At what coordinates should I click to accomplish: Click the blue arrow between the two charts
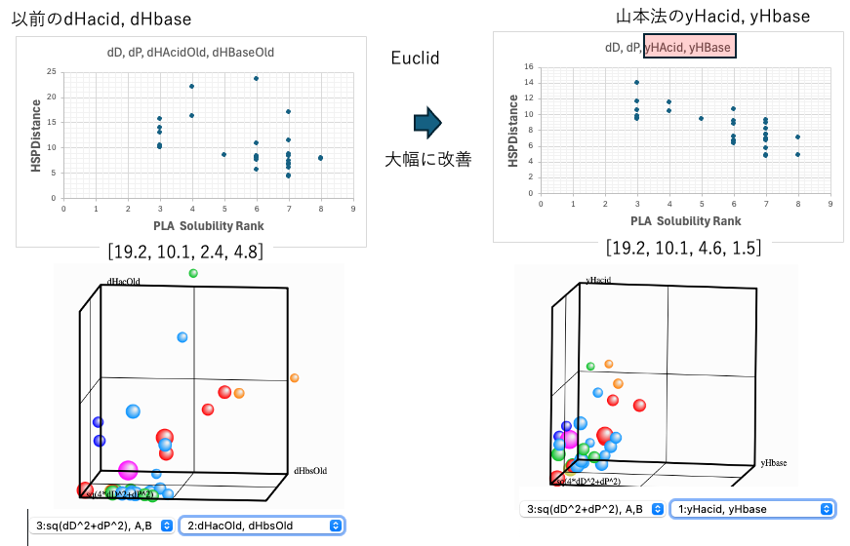[x=427, y=123]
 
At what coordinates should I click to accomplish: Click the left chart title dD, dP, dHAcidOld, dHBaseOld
[x=190, y=52]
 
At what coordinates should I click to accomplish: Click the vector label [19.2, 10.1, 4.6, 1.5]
[x=683, y=249]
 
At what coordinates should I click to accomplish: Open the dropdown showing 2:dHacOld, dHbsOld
[x=264, y=525]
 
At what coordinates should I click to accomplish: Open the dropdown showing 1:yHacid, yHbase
[x=752, y=509]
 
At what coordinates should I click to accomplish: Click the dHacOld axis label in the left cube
[x=122, y=283]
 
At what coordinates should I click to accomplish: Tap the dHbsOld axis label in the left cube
[x=310, y=471]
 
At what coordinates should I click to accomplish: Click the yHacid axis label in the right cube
[x=597, y=280]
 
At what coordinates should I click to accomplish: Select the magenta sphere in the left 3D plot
[x=128, y=472]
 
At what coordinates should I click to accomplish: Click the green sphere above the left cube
[x=193, y=273]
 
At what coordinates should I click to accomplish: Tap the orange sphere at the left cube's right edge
[x=295, y=378]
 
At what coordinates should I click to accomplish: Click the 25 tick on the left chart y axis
[x=54, y=72]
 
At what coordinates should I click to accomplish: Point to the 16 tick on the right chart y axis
[x=528, y=66]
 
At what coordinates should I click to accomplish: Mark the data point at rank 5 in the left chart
[x=223, y=154]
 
